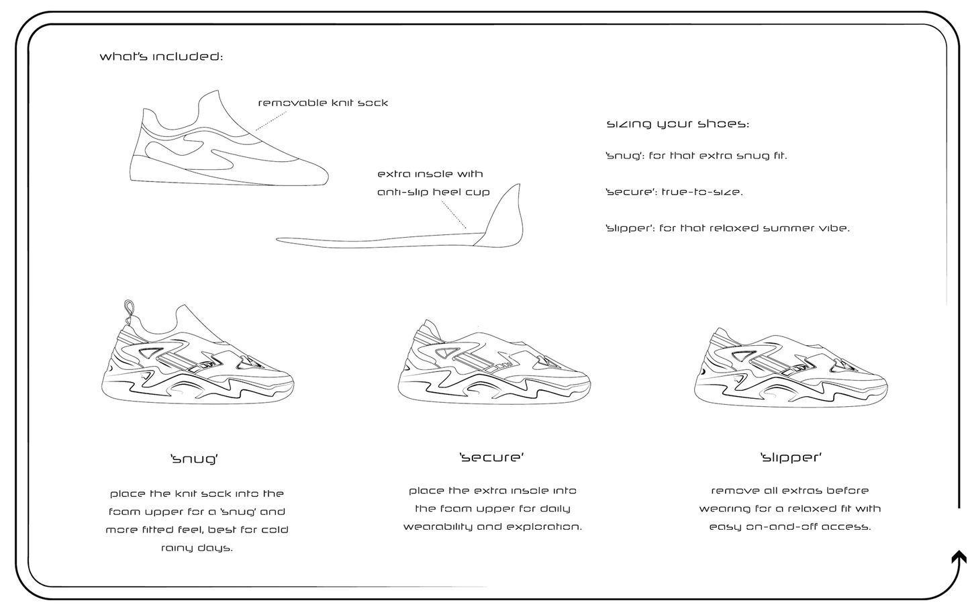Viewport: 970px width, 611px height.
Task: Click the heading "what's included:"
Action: click(161, 56)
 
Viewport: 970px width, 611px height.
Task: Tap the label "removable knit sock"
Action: click(323, 103)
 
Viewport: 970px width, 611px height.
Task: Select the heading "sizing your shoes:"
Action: click(677, 124)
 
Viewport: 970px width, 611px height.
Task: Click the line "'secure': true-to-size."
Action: click(674, 192)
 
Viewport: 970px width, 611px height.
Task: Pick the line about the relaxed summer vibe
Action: click(728, 228)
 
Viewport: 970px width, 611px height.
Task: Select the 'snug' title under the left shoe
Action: click(194, 459)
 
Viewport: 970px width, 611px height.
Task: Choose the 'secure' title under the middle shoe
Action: click(491, 457)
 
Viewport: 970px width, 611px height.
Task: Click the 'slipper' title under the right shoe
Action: click(791, 458)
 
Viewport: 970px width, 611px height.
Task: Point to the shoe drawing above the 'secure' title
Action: click(494, 362)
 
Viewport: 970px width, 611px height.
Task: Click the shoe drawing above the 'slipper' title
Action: click(791, 368)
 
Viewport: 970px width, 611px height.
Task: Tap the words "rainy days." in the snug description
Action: click(197, 548)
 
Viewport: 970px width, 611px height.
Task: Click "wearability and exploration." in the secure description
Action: click(492, 527)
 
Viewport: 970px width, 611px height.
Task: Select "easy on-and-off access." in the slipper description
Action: click(790, 527)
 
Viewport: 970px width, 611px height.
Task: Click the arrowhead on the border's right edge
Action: click(959, 558)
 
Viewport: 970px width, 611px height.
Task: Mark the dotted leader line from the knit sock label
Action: click(271, 121)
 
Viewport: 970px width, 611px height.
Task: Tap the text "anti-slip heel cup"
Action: click(434, 192)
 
